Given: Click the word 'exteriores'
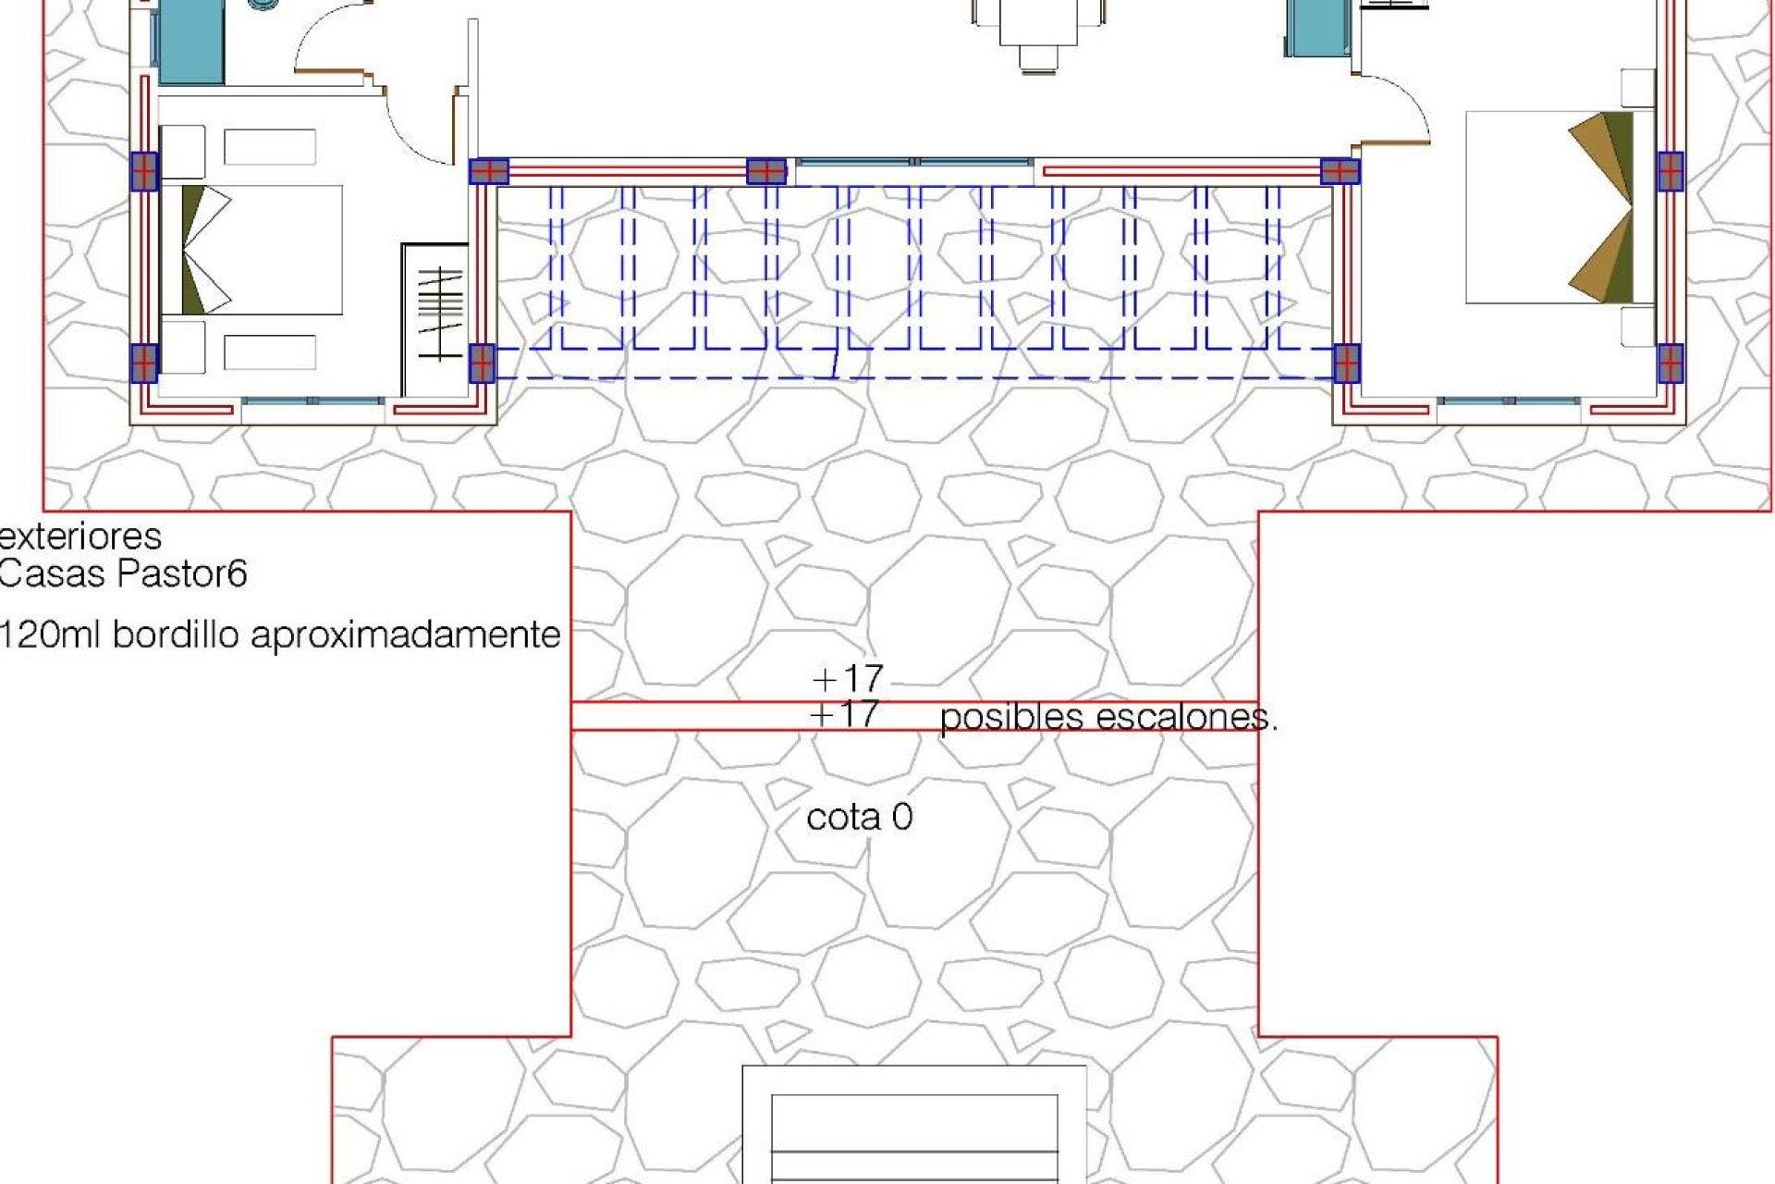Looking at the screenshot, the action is click(x=80, y=536).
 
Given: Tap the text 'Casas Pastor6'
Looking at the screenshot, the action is click(x=123, y=574).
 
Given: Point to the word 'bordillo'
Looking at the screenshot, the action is click(x=177, y=635).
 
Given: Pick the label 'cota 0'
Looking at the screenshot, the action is click(x=860, y=817).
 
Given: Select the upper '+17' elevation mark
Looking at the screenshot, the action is click(x=847, y=679).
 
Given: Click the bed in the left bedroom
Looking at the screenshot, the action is click(x=251, y=250).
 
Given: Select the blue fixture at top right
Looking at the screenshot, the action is click(x=1320, y=28).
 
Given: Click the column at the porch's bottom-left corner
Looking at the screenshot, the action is click(x=483, y=363).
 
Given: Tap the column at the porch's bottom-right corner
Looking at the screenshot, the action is click(x=1346, y=363).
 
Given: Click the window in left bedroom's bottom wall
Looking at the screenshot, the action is click(x=312, y=401).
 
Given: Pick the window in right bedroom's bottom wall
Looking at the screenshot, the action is click(x=1509, y=401).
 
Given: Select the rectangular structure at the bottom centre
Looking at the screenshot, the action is click(x=914, y=1125).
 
